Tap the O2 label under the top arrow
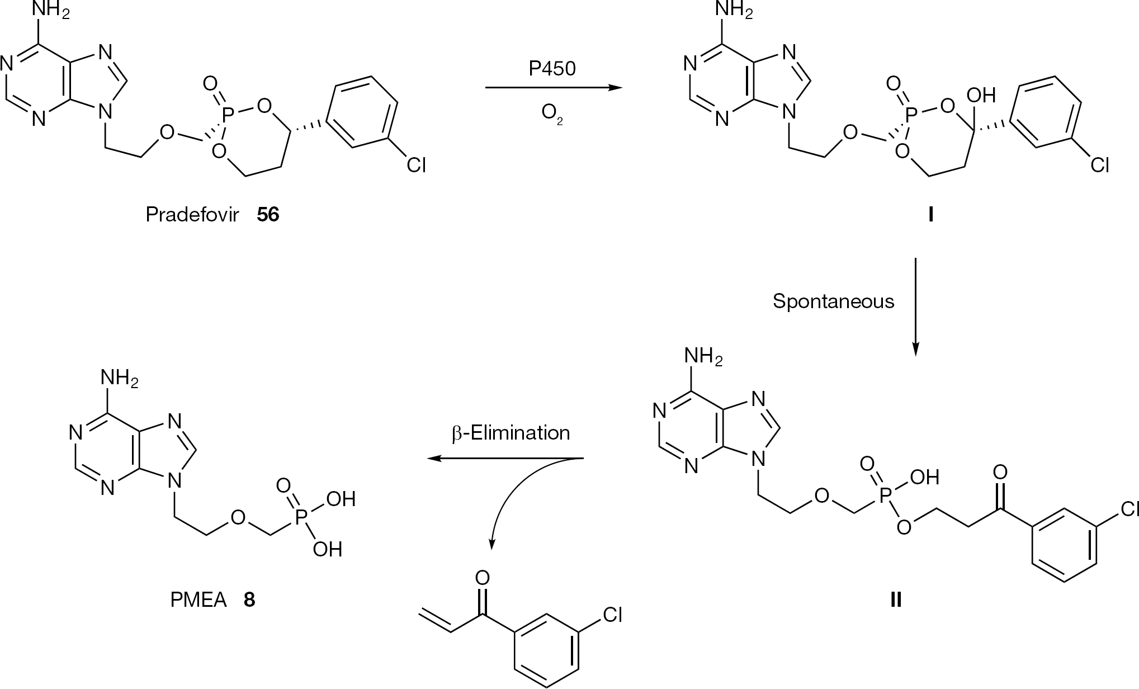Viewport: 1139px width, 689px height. point(552,114)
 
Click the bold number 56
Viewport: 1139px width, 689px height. point(268,215)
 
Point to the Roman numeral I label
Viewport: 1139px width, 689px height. point(930,215)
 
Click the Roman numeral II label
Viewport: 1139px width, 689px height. point(896,600)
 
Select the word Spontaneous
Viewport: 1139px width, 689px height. point(833,301)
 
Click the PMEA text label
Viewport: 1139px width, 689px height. point(199,600)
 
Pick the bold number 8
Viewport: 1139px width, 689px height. point(249,600)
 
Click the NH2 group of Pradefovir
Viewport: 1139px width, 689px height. point(51,12)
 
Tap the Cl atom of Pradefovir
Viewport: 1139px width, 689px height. point(417,166)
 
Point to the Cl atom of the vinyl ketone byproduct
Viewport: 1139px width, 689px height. point(612,615)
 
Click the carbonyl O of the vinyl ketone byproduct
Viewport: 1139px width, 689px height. point(482,577)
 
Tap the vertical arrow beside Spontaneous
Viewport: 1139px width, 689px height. point(915,306)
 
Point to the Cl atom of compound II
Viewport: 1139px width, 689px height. point(1128,508)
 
